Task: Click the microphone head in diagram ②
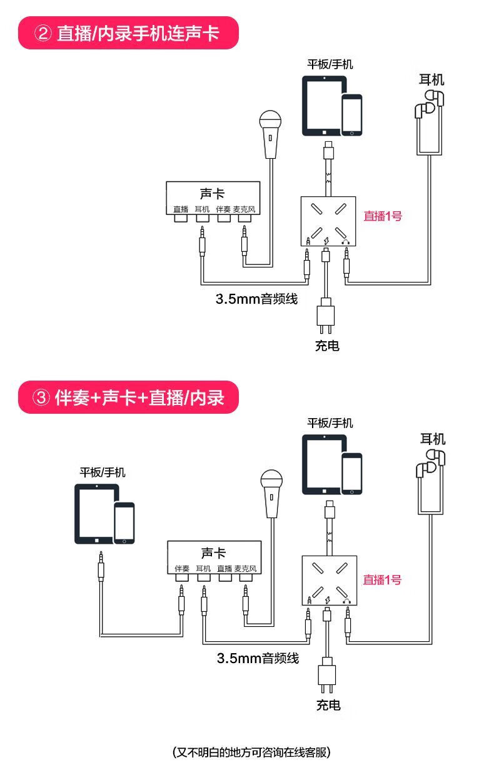click(271, 120)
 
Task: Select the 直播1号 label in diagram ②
click(383, 216)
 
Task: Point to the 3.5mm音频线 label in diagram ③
click(258, 657)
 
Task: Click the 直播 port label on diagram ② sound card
click(181, 209)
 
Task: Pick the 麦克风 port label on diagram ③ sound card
click(245, 569)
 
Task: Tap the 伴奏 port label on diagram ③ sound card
click(182, 569)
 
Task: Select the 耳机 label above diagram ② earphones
click(431, 79)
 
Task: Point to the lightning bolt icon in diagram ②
click(326, 241)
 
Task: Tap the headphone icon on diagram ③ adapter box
click(346, 601)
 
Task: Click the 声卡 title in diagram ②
click(212, 194)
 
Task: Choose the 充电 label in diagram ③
click(328, 706)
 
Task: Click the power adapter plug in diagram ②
click(326, 314)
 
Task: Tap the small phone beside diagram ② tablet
click(352, 114)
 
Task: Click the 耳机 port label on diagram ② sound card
click(202, 209)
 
